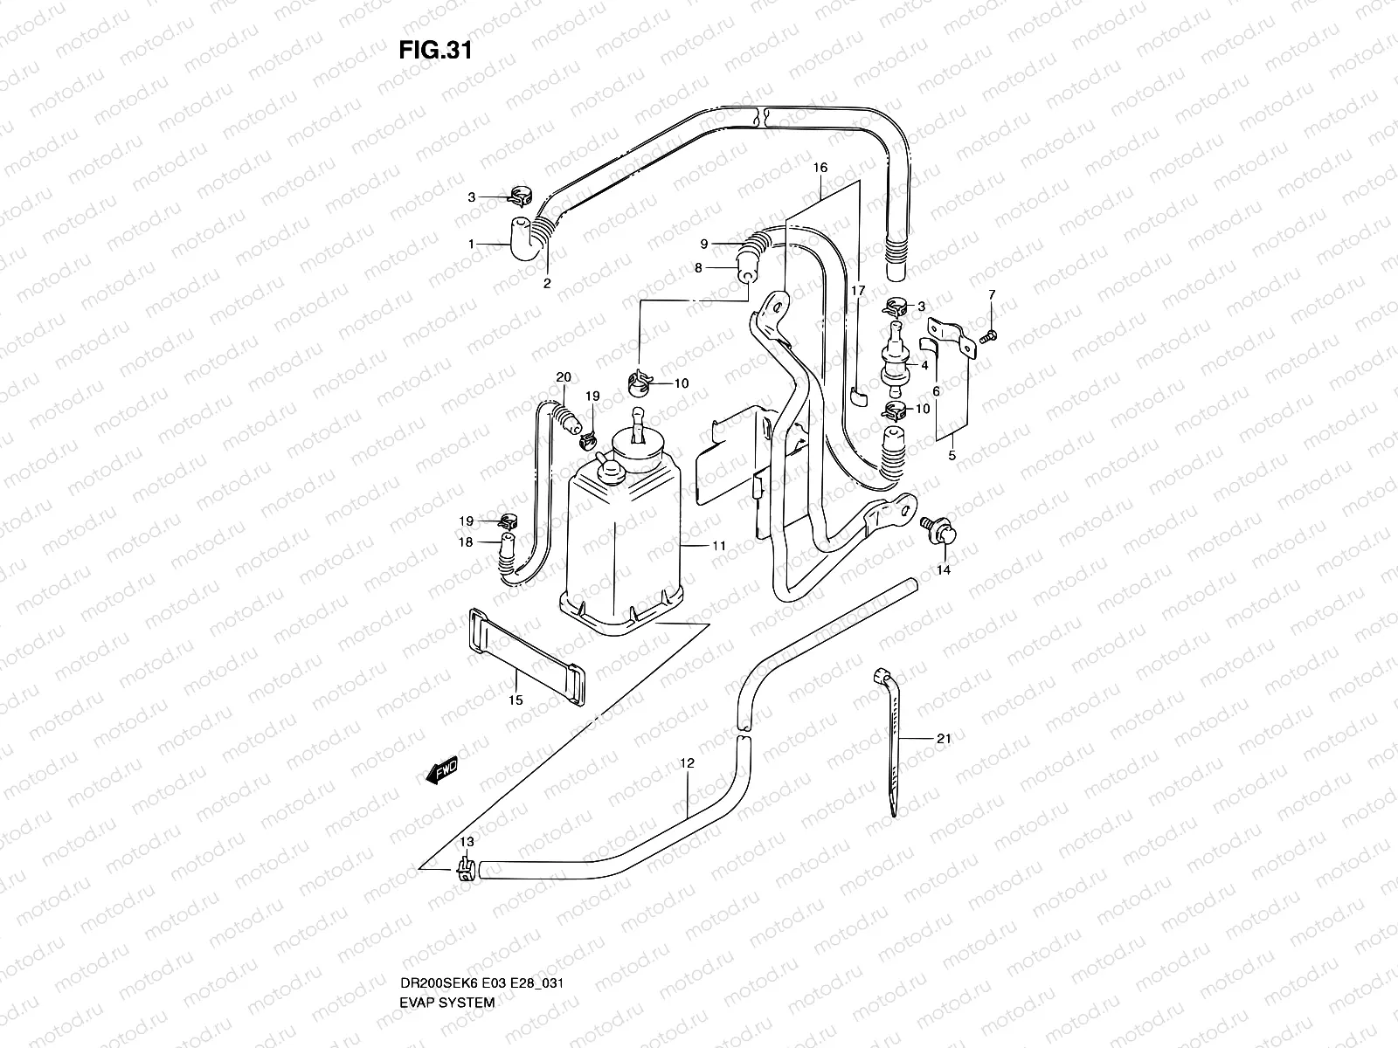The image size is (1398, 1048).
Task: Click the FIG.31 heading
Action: [435, 50]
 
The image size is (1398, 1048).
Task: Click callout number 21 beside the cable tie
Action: [943, 739]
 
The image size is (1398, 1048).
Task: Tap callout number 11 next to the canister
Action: [719, 546]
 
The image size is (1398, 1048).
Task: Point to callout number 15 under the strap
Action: [516, 700]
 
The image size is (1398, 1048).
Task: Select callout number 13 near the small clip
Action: [467, 841]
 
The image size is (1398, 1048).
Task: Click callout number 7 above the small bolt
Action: [992, 295]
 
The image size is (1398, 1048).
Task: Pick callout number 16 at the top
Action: [820, 167]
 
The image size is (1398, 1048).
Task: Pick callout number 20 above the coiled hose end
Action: [564, 376]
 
